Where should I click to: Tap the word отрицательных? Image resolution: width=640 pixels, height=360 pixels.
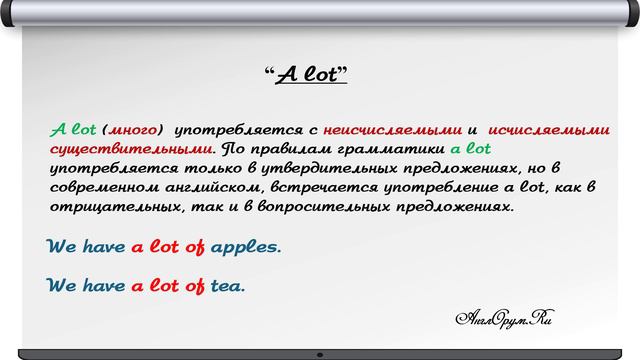click(x=118, y=208)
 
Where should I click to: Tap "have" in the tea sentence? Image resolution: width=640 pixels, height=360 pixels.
click(x=103, y=286)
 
